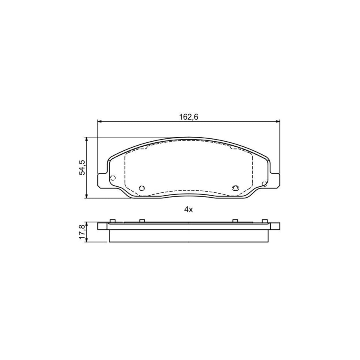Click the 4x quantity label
click(x=188, y=210)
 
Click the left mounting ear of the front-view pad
click(x=102, y=180)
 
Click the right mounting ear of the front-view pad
click(x=275, y=180)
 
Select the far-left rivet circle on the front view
click(x=112, y=178)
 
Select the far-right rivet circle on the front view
click(x=264, y=184)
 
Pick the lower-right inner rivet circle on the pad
click(x=235, y=188)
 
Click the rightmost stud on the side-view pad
click(x=264, y=220)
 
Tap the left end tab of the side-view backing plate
click(x=103, y=226)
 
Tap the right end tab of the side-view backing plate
click(x=274, y=226)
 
